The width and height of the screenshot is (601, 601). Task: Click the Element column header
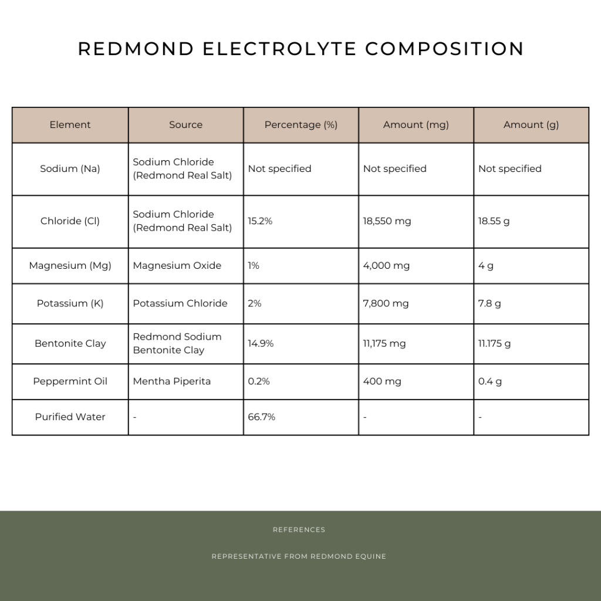coord(70,125)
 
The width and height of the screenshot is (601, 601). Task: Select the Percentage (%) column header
coord(300,125)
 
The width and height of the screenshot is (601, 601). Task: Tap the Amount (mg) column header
coord(416,125)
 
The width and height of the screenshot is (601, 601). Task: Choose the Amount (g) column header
coord(531,125)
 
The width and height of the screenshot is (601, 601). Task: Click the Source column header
coord(185,125)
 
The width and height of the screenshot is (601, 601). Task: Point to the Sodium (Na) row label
coord(70,169)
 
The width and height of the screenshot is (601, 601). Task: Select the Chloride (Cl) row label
coord(70,221)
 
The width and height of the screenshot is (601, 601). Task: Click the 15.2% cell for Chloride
coord(260,221)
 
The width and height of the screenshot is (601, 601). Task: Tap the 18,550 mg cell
coord(387,221)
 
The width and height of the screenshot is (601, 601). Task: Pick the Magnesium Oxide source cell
coord(177,266)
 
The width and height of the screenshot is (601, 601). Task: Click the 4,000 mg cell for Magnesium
coord(386,266)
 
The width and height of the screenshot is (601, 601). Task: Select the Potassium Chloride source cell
coord(180,303)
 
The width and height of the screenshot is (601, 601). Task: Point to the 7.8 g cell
coord(489,303)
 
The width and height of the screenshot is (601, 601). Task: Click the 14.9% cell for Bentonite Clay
coord(261,343)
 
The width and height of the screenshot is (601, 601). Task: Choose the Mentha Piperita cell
coord(171,381)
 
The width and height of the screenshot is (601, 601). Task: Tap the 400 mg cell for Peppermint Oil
coord(382,381)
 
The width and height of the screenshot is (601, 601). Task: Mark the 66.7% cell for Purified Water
coord(261,417)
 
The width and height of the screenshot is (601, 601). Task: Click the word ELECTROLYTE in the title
coord(279,49)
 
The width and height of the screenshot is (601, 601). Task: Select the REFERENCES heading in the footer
coord(299,530)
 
